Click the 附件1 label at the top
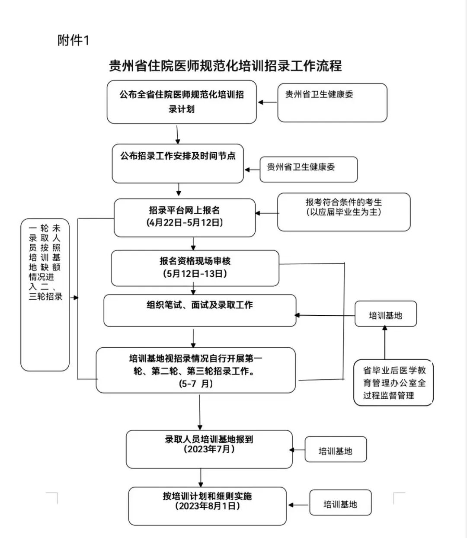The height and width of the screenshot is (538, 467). point(73,41)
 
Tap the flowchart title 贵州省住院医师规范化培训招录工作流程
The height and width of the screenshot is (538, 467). point(225,66)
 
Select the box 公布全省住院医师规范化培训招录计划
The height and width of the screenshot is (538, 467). point(182,102)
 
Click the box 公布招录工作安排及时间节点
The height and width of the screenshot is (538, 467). point(178,163)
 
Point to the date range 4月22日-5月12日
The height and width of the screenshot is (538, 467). point(185,223)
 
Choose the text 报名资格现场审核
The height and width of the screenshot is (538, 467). point(195,261)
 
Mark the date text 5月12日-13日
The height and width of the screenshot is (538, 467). point(195,273)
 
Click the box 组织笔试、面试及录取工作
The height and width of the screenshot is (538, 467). point(200,310)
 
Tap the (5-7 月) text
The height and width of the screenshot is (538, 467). point(195,383)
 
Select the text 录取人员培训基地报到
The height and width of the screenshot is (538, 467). point(209,439)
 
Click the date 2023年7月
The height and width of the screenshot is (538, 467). point(209,449)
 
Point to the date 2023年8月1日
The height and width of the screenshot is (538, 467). point(208,506)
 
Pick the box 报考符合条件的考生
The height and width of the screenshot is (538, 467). point(344,212)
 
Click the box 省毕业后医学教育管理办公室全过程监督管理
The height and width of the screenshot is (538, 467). point(393,383)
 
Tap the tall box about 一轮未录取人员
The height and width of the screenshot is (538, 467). point(45,295)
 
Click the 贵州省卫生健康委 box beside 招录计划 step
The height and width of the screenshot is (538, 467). point(332,102)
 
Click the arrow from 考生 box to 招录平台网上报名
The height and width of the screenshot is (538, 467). point(267,213)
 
